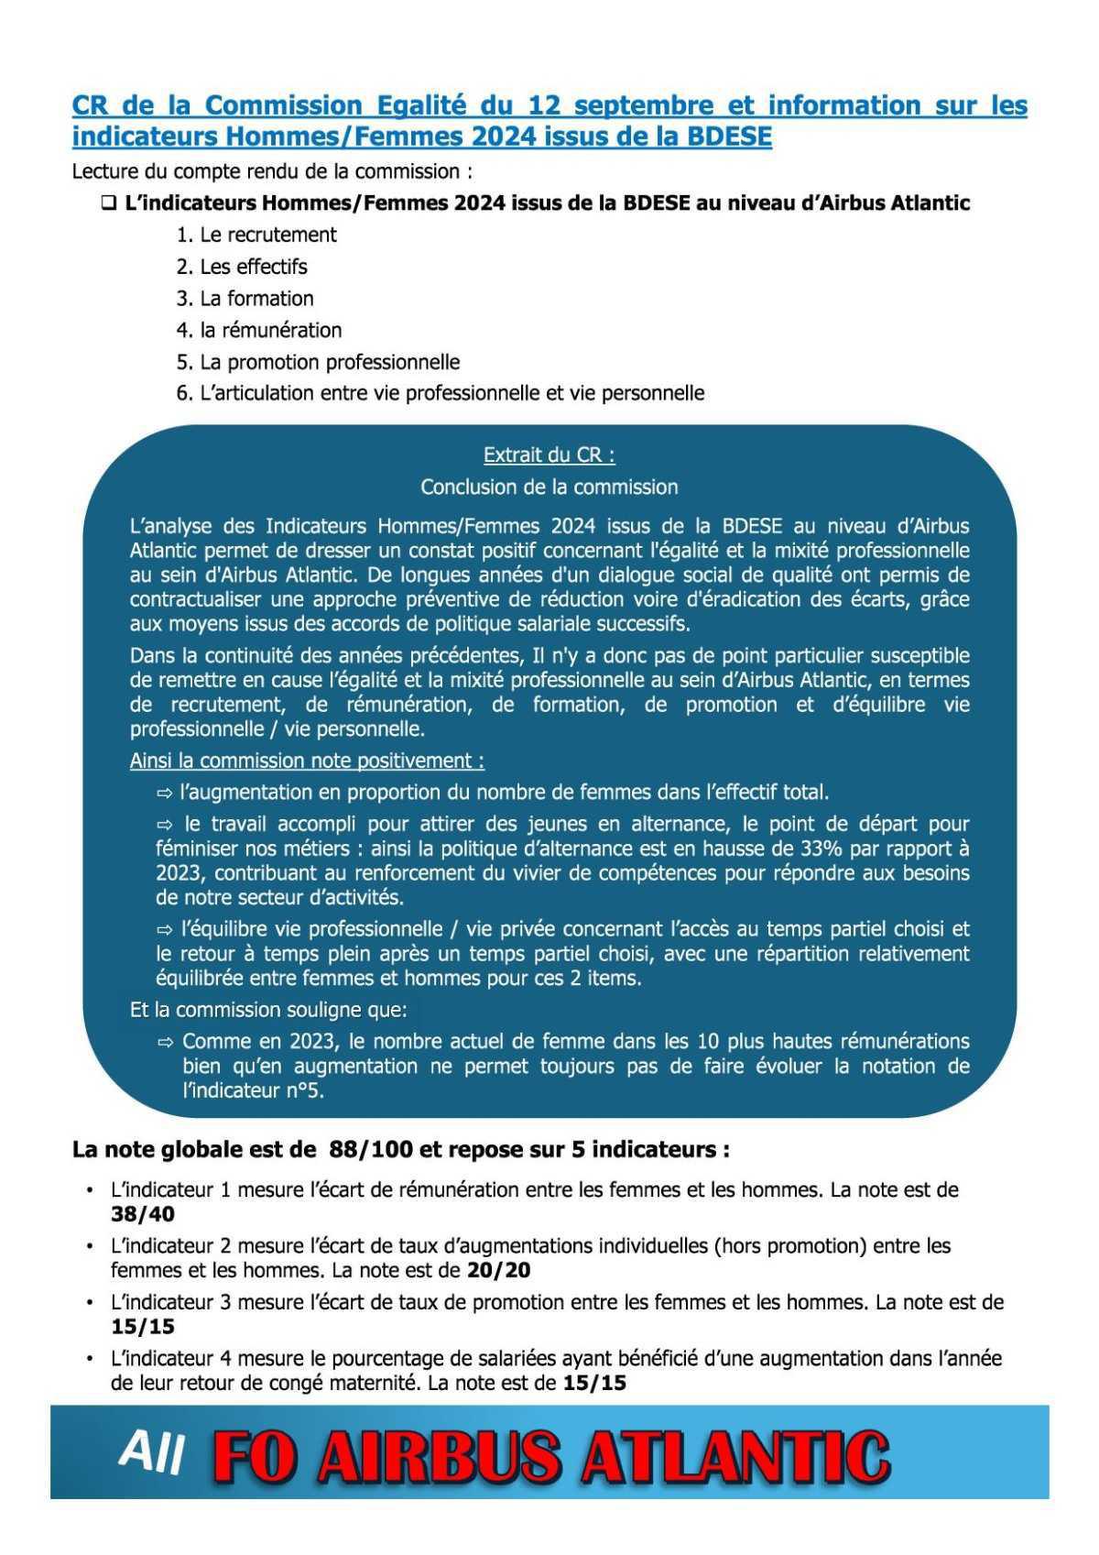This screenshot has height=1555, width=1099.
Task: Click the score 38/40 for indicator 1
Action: [x=143, y=1214]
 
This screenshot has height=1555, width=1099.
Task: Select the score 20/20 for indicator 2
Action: [x=498, y=1270]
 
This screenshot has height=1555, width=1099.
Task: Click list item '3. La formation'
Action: [x=245, y=298]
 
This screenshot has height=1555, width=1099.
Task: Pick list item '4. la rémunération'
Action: [x=259, y=330]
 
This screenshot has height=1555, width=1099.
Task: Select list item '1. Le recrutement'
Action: [x=256, y=235]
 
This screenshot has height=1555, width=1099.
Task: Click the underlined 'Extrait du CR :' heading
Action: [x=549, y=454]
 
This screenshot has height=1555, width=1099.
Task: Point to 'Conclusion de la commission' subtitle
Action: [x=549, y=487]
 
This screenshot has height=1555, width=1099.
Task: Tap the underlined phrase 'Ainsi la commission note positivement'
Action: [x=307, y=761]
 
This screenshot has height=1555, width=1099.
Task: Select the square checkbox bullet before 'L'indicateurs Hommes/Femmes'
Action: [x=109, y=203]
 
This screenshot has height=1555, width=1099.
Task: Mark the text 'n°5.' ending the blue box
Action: [x=304, y=1090]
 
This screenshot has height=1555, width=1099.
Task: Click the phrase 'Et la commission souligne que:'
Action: [x=268, y=1010]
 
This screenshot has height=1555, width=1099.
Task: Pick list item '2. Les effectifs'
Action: [x=242, y=267]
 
